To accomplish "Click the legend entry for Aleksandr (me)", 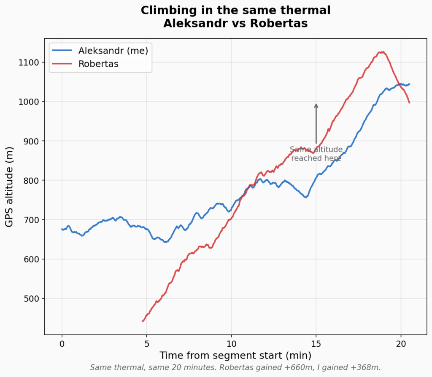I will [113, 51].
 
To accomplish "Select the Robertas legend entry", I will [98, 64].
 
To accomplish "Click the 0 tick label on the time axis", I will [62, 343].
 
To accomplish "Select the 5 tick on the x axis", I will [146, 343].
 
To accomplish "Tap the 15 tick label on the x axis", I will [316, 343].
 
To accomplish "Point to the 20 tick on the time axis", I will [401, 343].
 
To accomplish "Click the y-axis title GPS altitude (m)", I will [9, 187].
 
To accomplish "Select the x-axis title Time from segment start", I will [235, 355].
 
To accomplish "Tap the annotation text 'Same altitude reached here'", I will [316, 154].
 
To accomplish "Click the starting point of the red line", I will [142, 321].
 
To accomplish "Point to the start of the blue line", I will [62, 229].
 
